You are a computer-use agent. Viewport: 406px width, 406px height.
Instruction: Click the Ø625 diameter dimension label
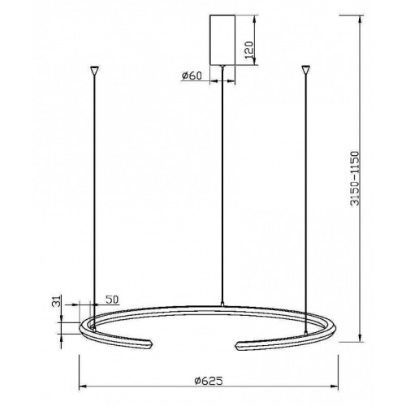[209, 381]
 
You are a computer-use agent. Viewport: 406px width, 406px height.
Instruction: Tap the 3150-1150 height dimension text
[355, 179]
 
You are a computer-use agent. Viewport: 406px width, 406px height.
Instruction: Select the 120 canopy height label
[248, 50]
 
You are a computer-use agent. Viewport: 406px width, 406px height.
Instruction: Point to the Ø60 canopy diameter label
[192, 76]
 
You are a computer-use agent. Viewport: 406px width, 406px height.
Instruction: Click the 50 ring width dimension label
[112, 300]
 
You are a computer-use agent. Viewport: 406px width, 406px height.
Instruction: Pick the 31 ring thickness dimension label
[56, 301]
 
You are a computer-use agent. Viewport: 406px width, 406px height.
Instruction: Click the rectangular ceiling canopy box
[222, 40]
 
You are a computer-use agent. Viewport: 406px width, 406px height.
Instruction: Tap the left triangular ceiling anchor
[94, 71]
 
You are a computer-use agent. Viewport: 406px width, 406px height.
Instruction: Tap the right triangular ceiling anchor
[306, 70]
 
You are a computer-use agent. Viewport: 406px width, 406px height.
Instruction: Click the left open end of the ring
[149, 345]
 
